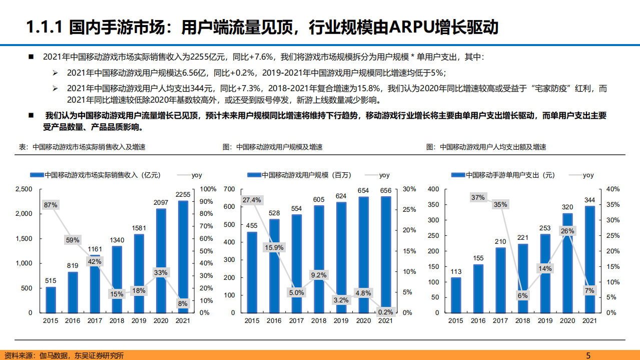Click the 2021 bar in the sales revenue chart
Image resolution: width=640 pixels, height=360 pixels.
click(x=183, y=250)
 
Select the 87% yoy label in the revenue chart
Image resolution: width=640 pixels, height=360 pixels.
click(x=51, y=205)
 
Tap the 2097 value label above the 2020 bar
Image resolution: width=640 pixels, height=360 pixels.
click(x=161, y=202)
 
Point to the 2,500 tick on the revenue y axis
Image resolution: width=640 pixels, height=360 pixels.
click(x=24, y=189)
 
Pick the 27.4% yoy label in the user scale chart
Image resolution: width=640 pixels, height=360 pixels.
click(x=252, y=200)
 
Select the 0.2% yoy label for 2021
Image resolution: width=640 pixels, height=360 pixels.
click(x=385, y=311)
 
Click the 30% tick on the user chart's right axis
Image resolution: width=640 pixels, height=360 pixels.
click(x=409, y=189)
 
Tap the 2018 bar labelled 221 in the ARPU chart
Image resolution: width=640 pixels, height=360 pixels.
click(x=522, y=278)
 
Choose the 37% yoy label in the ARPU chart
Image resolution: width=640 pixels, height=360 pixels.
click(x=478, y=197)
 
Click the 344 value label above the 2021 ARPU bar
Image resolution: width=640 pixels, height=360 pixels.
click(x=589, y=200)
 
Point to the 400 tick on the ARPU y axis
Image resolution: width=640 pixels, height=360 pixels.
click(x=433, y=189)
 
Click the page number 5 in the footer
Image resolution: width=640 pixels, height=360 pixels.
click(x=588, y=355)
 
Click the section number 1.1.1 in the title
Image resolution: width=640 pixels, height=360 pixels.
click(x=44, y=27)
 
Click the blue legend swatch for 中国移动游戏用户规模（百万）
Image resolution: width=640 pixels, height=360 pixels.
click(x=254, y=175)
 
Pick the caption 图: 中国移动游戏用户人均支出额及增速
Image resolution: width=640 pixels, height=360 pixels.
click(x=486, y=147)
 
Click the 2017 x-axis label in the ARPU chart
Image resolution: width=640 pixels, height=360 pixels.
click(x=500, y=320)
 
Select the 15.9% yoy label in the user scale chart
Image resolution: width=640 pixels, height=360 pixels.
click(x=274, y=247)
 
